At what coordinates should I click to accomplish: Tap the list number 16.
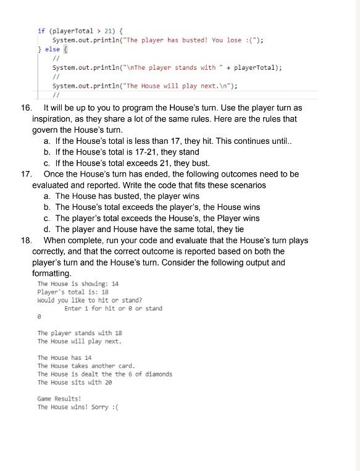tap(26, 107)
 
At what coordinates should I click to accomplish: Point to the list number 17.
tap(26, 174)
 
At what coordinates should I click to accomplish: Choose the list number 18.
tap(26, 240)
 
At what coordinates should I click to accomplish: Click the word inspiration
tap(56, 119)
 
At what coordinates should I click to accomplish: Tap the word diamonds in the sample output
tap(157, 374)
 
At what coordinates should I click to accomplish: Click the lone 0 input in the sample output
tap(40, 317)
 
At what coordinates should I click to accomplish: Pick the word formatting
tap(52, 273)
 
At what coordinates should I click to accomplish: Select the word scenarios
tap(246, 185)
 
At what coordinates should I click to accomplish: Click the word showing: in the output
tap(88, 284)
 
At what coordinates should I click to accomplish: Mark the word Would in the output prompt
tap(46, 300)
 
